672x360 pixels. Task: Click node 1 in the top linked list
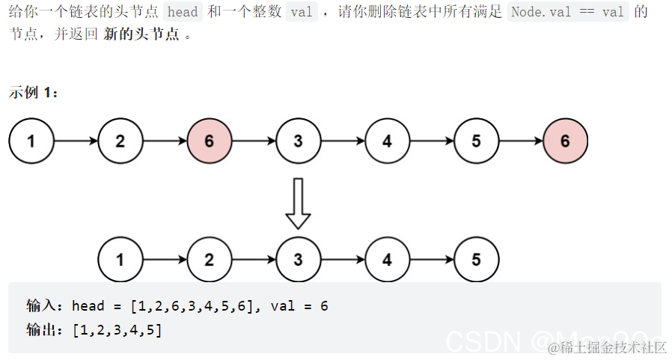(31, 141)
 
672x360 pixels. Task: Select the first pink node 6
(209, 141)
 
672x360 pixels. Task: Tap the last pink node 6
(565, 141)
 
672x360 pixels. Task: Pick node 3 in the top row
(298, 141)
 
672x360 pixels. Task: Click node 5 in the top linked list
(476, 141)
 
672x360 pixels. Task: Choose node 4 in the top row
(387, 141)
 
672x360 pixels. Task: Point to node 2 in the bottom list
(209, 260)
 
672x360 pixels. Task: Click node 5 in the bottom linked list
(476, 260)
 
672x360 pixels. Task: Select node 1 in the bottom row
(120, 260)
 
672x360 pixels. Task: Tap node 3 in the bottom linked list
(298, 260)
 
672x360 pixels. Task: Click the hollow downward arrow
(298, 202)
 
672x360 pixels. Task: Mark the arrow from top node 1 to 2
(75, 141)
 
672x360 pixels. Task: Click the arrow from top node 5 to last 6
(520, 141)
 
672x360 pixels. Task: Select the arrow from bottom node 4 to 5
(431, 260)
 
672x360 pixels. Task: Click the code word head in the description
(183, 12)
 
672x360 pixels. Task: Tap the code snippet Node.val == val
(566, 12)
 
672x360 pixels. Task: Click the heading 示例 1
(33, 93)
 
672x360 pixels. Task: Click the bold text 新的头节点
(141, 35)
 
